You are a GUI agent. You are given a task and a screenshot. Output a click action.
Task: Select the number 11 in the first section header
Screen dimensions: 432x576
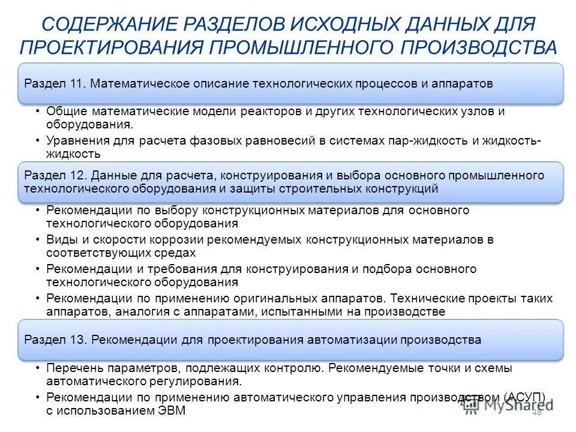(76, 84)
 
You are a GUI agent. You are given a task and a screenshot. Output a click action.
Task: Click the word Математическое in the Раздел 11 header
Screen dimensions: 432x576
(139, 84)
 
